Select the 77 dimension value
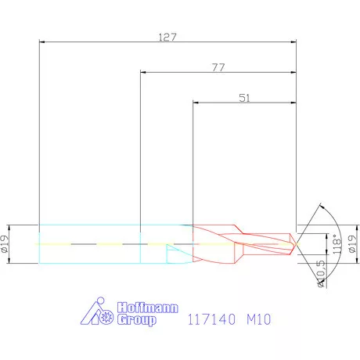coord(218,67)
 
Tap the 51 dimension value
coord(245,98)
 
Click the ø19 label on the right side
coord(351,244)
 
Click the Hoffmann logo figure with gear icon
coord(99,313)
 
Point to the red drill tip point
coord(296,244)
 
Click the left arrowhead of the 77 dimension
coord(143,73)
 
